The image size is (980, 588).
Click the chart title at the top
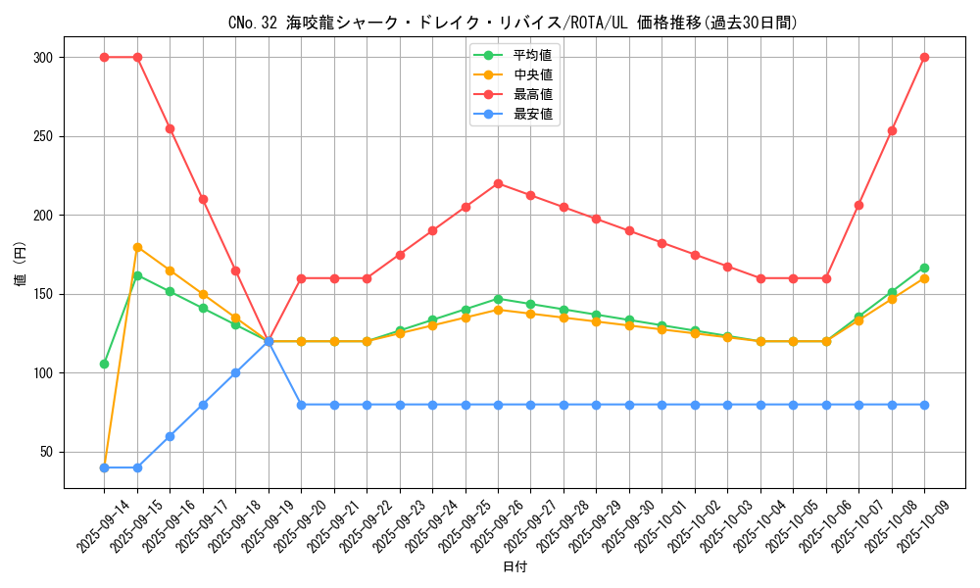[x=513, y=23]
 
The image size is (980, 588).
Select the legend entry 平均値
[x=532, y=55]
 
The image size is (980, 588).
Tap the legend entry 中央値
[x=532, y=74]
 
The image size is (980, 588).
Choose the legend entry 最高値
[x=532, y=94]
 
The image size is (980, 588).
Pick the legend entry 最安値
[x=532, y=114]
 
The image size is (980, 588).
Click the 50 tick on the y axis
[x=45, y=452]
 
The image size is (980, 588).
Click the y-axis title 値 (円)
[x=20, y=265]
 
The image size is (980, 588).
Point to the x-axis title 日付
[x=514, y=567]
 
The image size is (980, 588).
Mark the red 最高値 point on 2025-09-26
[x=498, y=183]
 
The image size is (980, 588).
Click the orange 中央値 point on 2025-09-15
[x=137, y=247]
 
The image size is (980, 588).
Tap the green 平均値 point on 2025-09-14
[x=104, y=364]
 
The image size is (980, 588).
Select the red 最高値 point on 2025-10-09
[x=924, y=58]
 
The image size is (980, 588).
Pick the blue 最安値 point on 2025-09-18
[x=235, y=372]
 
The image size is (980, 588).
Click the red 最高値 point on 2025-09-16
[x=170, y=128]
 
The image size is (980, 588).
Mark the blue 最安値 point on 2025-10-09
[x=924, y=405]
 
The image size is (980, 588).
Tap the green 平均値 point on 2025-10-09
[x=924, y=268]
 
